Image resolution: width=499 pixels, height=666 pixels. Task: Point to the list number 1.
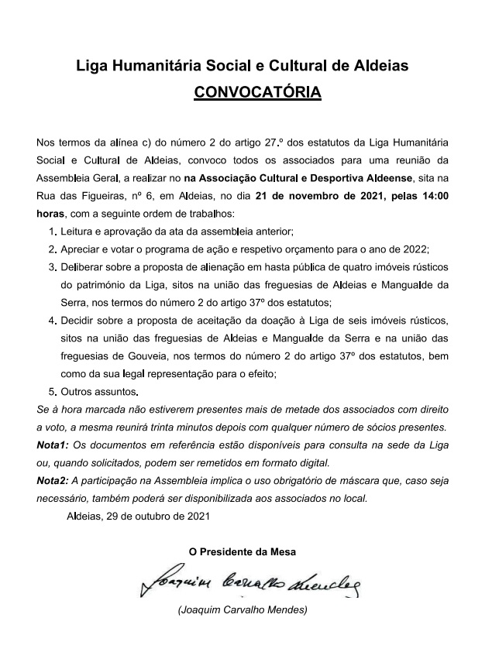[51, 232]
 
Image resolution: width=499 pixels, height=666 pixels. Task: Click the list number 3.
[51, 267]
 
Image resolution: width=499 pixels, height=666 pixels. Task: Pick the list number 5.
[51, 392]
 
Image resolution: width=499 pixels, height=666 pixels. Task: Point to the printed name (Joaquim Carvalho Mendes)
[243, 610]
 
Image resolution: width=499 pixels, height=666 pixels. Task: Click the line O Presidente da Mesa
[243, 552]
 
